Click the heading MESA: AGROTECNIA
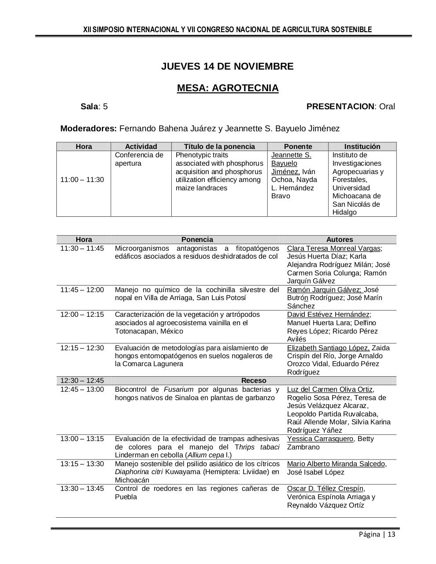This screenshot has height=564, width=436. click(228, 88)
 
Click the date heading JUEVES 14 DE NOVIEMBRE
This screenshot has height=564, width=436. click(227, 67)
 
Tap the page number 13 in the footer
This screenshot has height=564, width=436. click(392, 534)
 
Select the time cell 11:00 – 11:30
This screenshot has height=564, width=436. click(82, 180)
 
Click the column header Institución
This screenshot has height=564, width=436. click(362, 147)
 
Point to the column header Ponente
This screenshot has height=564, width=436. click(298, 147)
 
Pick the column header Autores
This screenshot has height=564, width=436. click(339, 240)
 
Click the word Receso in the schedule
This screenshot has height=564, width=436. click(254, 381)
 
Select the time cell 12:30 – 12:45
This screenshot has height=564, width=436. click(82, 381)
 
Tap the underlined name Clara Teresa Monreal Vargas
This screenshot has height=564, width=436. click(334, 249)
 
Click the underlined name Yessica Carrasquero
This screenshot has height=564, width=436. click(320, 439)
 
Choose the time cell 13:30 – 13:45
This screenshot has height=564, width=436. click(82, 489)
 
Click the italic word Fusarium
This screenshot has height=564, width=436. click(178, 390)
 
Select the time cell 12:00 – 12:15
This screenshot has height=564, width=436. click(82, 315)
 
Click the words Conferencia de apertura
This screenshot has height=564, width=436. click(139, 159)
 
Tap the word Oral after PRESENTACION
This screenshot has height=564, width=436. click(387, 107)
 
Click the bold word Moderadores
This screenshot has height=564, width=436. click(88, 129)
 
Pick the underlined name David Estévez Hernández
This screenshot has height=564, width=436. click(328, 315)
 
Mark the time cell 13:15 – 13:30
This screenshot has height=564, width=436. click(82, 464)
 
